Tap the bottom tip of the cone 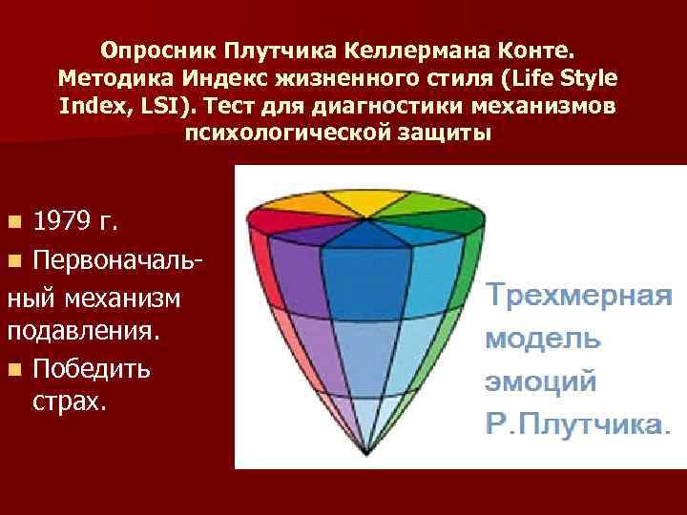tap(364, 451)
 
